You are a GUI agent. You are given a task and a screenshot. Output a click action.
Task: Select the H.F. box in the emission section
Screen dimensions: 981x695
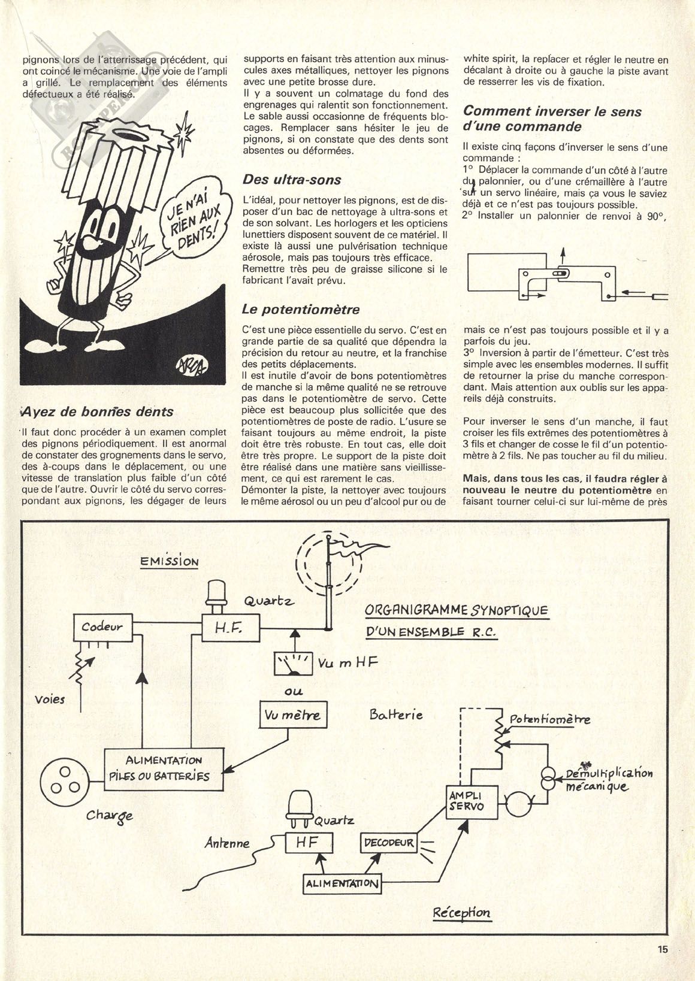[231, 628]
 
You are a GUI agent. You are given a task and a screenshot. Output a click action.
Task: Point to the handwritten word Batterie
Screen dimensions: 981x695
[396, 714]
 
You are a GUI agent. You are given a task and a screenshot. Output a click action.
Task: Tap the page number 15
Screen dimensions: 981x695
[661, 949]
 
